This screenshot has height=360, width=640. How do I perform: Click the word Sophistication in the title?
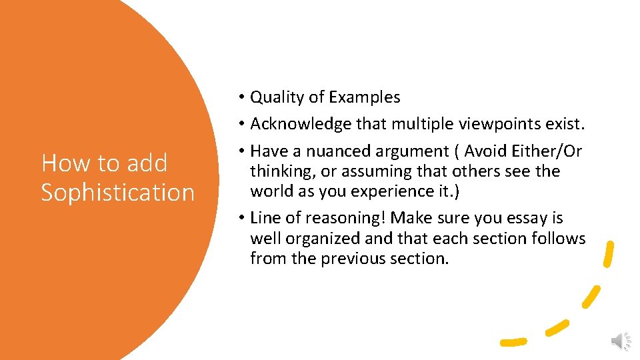[117, 192]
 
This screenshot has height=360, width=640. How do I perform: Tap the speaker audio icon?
[620, 341]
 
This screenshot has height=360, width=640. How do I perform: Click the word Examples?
[364, 97]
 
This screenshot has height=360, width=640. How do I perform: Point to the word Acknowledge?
[298, 124]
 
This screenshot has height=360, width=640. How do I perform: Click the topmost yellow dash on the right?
[608, 255]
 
